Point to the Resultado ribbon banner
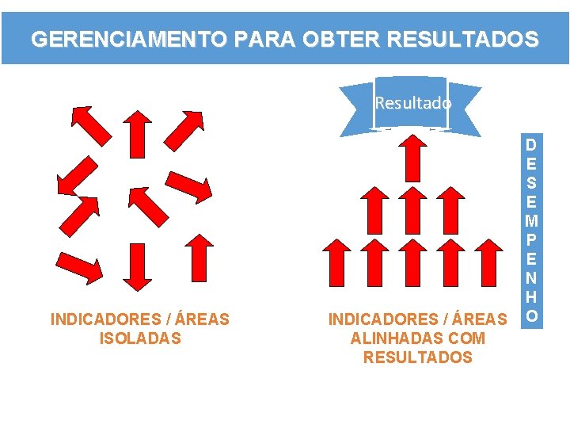tap(412, 103)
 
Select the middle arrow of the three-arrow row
tap(412, 209)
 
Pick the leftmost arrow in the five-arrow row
tap(336, 261)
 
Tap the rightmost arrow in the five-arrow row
tap(490, 261)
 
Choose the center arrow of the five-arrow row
tap(412, 261)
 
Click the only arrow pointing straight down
tap(139, 266)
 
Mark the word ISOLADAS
tap(140, 338)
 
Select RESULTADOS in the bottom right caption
tap(417, 357)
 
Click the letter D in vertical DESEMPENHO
tap(533, 145)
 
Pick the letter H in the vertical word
tap(533, 296)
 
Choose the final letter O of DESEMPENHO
tap(533, 315)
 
